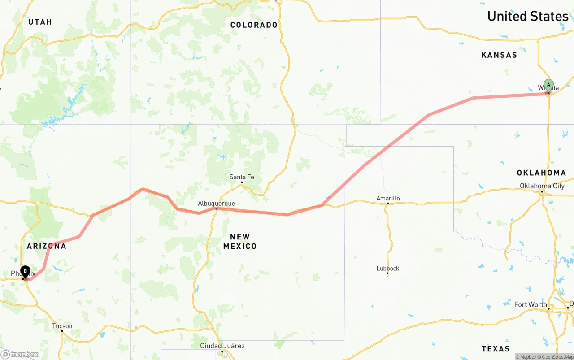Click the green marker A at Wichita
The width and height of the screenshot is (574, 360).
tap(548, 85)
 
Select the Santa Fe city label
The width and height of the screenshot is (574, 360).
tap(242, 177)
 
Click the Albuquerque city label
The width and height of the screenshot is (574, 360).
tap(216, 204)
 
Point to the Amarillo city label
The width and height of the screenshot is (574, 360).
tap(388, 198)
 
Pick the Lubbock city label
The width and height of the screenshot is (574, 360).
tap(388, 269)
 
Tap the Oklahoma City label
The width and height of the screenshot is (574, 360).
tap(542, 186)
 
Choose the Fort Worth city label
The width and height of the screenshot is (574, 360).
tap(531, 304)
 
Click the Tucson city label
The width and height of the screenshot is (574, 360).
tap(62, 326)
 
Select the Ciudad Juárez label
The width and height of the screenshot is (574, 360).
tap(222, 346)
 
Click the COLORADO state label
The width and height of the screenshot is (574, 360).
tap(254, 25)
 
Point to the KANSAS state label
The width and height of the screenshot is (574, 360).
tap(499, 55)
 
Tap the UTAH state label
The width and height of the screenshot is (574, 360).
tap(40, 22)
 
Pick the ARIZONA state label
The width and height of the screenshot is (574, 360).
tap(46, 246)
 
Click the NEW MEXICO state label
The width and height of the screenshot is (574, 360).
tap(240, 241)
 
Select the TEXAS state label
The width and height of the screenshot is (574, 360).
tap(496, 348)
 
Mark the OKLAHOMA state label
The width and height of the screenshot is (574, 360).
tap(541, 173)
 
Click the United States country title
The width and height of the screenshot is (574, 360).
tap(527, 16)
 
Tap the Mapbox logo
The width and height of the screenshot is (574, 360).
tap(20, 354)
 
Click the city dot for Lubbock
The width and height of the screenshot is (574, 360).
tap(388, 274)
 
